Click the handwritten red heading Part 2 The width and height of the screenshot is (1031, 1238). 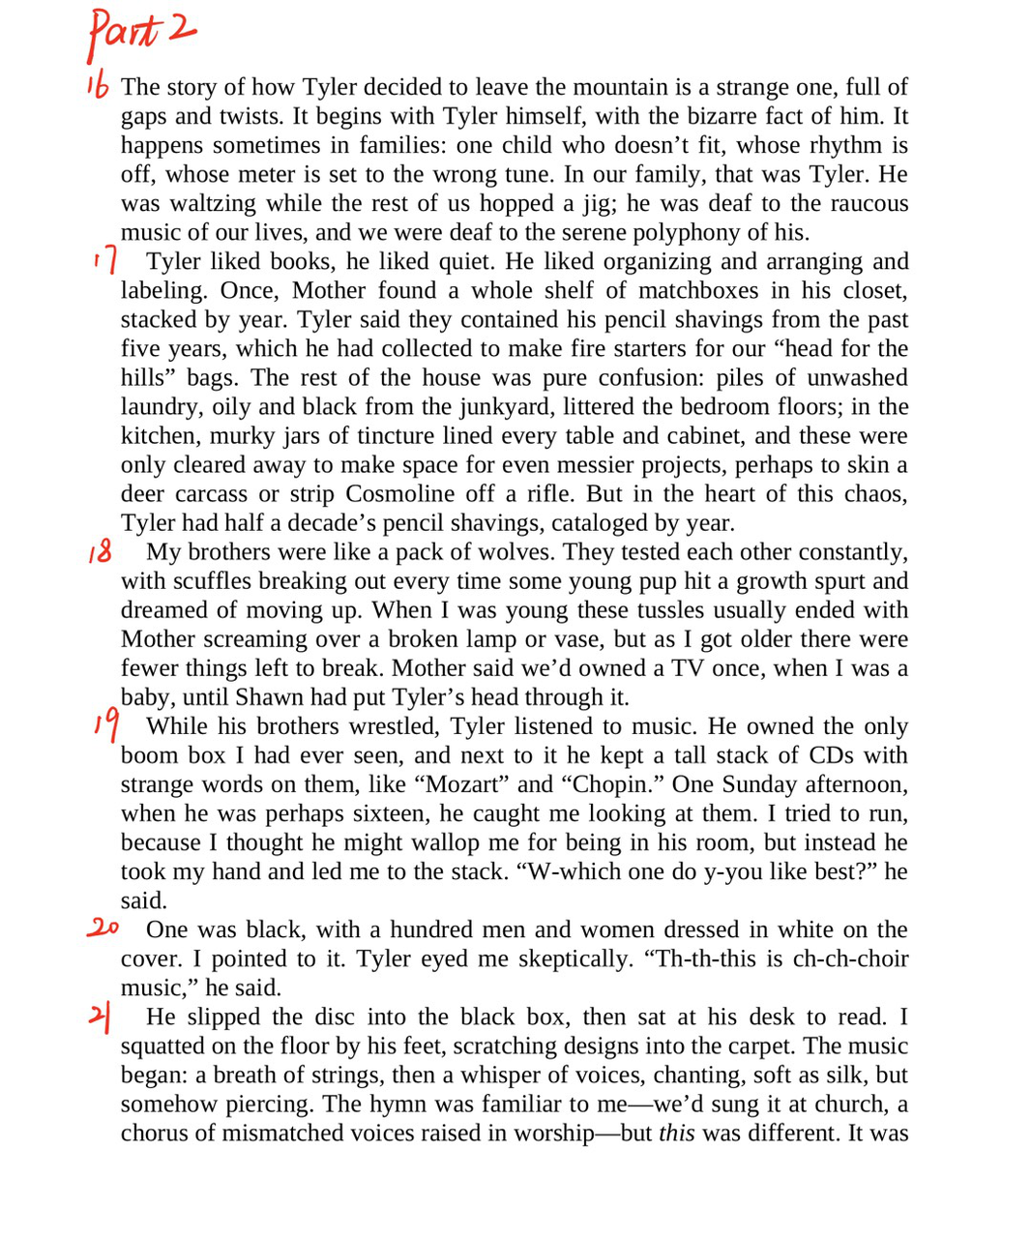pyautogui.click(x=141, y=32)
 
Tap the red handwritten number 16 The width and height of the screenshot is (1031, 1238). pyautogui.click(x=97, y=86)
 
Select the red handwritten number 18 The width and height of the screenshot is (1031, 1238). pyautogui.click(x=100, y=552)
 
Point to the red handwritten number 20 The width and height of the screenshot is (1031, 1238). pyautogui.click(x=103, y=928)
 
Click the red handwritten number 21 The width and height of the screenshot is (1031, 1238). pyautogui.click(x=101, y=1017)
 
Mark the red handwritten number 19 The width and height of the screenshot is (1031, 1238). pyautogui.click(x=107, y=722)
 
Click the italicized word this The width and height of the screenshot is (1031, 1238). pyautogui.click(x=676, y=1133)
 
